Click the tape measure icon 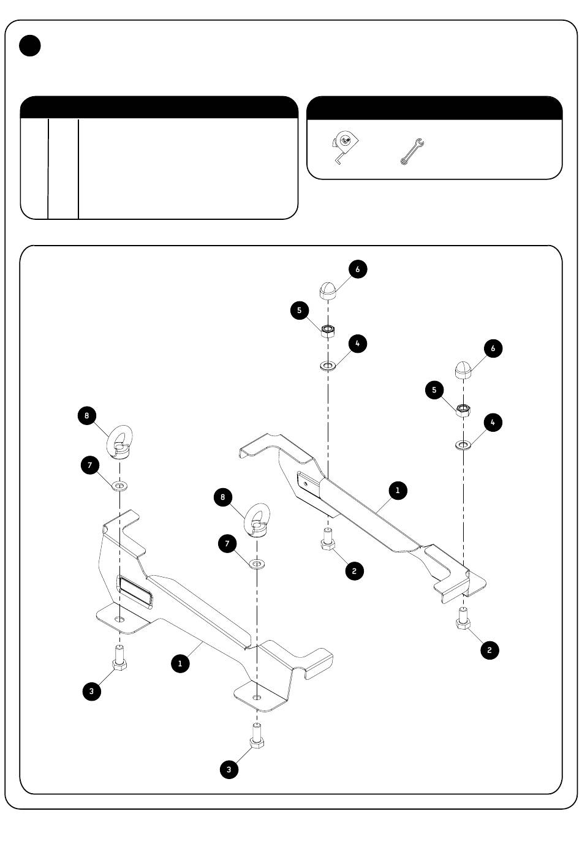point(344,146)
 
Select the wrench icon point(412,151)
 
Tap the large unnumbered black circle point(30,45)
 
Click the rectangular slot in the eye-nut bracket point(135,591)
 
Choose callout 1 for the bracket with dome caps point(398,490)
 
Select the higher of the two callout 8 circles point(87,416)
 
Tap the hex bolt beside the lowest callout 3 point(257,736)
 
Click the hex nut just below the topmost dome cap point(328,331)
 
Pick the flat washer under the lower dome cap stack point(463,445)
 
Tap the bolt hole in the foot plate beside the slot point(119,619)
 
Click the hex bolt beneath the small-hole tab point(328,540)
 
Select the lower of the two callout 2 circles point(489,650)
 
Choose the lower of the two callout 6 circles point(493,348)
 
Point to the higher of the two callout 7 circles point(90,465)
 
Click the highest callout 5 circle point(300,311)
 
